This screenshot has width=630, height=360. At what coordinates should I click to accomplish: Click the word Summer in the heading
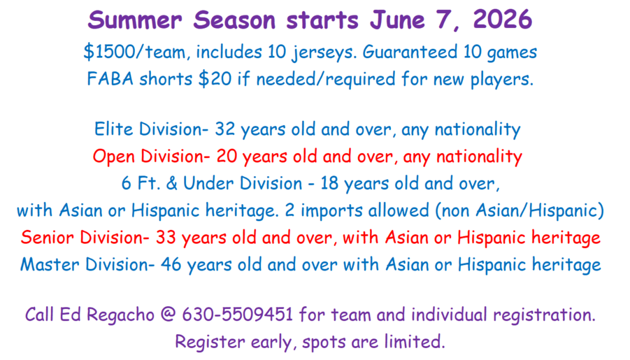click(134, 20)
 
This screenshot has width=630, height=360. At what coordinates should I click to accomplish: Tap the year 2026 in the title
click(503, 20)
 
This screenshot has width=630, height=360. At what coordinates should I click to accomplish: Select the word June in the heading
click(397, 20)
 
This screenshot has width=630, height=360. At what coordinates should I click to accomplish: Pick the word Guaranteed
click(410, 52)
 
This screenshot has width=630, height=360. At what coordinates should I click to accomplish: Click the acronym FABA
click(110, 79)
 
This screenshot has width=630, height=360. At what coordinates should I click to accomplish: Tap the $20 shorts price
click(215, 79)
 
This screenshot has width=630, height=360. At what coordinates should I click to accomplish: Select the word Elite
click(113, 129)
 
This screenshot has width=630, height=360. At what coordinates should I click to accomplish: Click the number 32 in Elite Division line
click(224, 129)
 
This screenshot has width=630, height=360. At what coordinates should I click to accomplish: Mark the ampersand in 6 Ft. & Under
click(171, 183)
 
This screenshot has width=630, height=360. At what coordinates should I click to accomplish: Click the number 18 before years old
click(329, 183)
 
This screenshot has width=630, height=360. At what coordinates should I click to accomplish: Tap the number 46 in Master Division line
click(171, 264)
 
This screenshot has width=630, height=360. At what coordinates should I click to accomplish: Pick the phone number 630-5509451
click(238, 315)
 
